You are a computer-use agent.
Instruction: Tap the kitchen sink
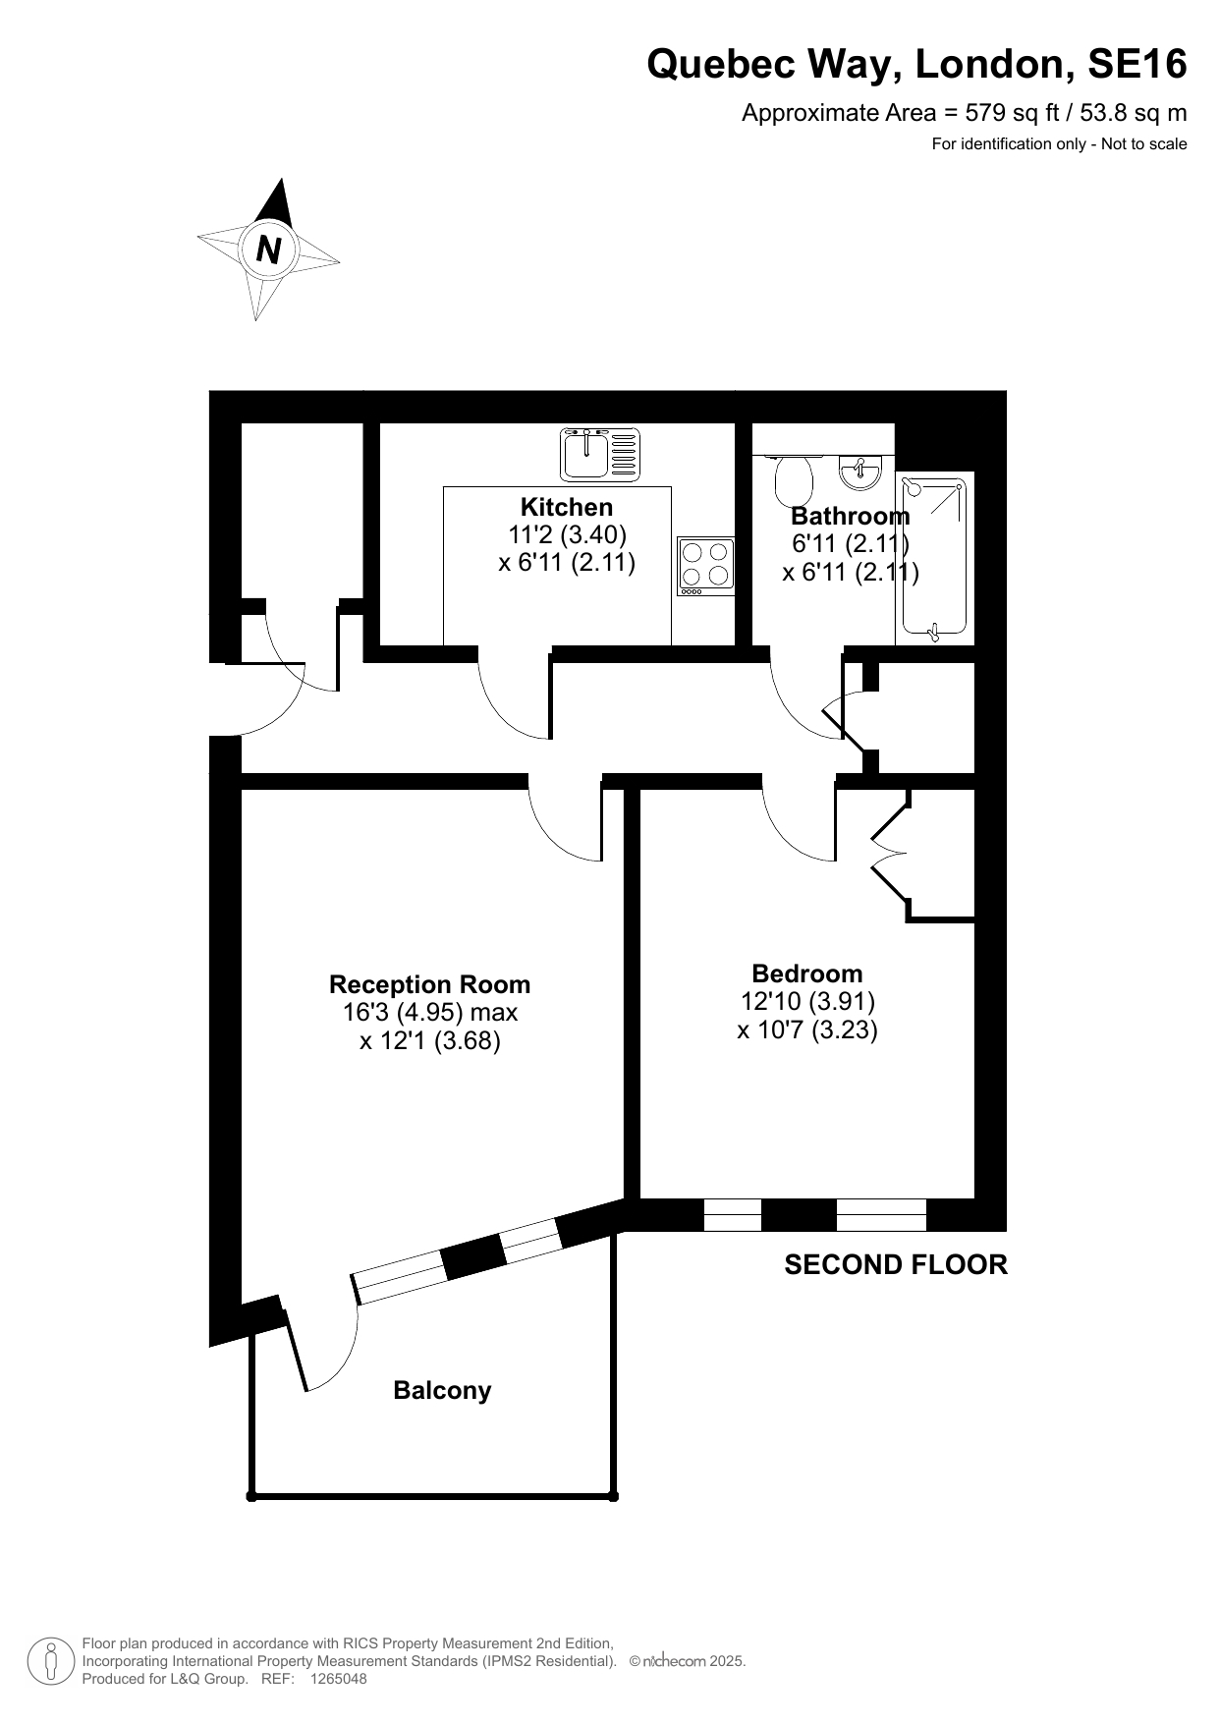(x=600, y=454)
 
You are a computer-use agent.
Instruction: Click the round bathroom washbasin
(x=860, y=473)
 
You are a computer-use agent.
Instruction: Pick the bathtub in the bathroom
(x=934, y=558)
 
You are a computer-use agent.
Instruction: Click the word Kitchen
(x=567, y=507)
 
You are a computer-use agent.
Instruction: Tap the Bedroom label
(x=807, y=973)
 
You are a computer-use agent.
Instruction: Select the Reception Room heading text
(x=430, y=984)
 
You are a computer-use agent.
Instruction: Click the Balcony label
(x=442, y=1390)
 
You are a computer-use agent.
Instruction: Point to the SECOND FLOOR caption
(x=896, y=1264)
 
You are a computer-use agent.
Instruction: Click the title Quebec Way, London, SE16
(x=916, y=65)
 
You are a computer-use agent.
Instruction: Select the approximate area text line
(x=965, y=113)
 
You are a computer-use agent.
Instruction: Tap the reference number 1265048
(x=338, y=1679)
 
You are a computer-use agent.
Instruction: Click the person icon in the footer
(x=50, y=1661)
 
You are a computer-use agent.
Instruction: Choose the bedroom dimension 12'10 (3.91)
(x=807, y=1001)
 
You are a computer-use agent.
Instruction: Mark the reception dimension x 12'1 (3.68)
(x=430, y=1040)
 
